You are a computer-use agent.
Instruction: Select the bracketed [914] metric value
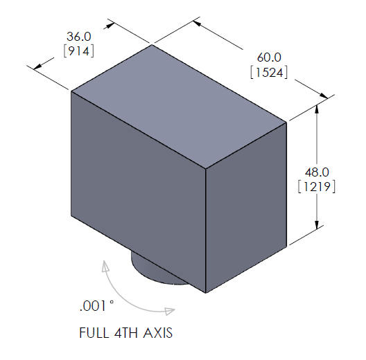point(78,51)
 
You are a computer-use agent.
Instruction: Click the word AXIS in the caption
point(157,333)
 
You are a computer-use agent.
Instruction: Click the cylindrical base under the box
point(152,271)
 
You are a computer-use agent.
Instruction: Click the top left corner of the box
point(71,91)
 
